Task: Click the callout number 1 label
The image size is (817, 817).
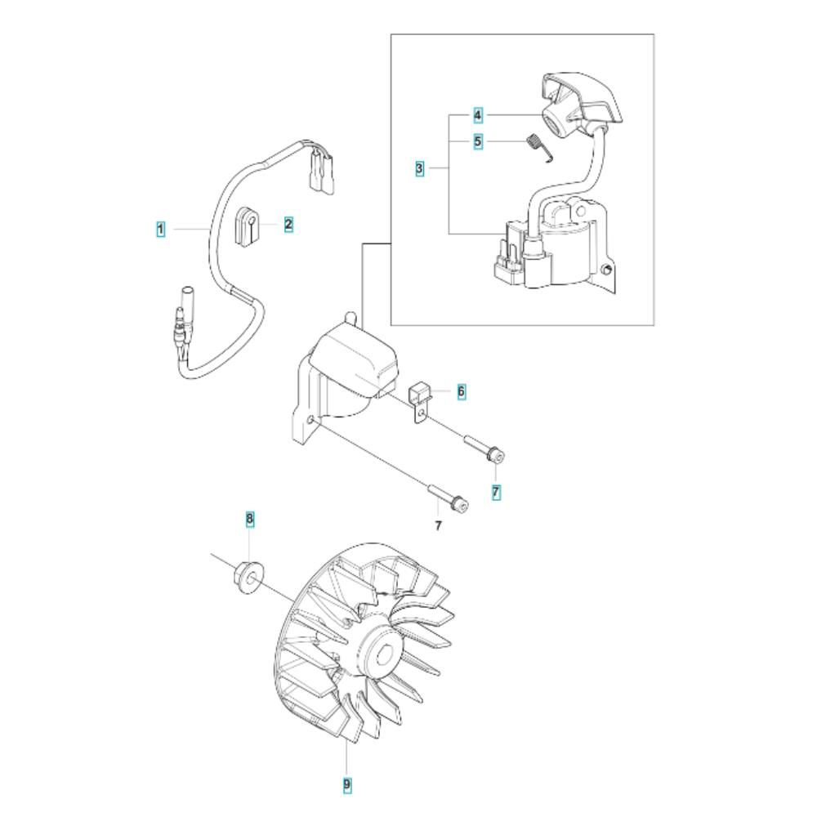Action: point(161,230)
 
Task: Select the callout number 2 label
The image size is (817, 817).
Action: point(288,225)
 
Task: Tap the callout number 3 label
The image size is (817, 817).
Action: point(419,168)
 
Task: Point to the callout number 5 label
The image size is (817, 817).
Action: point(478,141)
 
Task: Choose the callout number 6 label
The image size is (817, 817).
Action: point(461,391)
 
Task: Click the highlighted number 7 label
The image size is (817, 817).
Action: point(496,492)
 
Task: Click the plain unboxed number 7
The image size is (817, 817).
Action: point(438,525)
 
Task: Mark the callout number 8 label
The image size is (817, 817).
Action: point(249,519)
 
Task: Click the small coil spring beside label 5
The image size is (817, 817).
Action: point(538,147)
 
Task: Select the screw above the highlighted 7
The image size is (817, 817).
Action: point(484,450)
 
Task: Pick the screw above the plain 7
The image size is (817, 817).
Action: point(448,496)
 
